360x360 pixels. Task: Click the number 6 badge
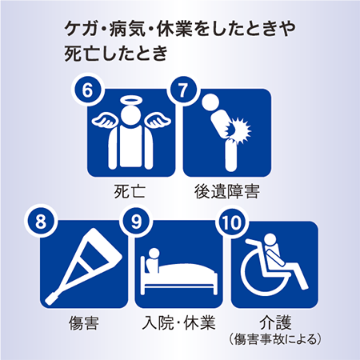(x=87, y=90)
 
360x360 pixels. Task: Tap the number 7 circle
(x=183, y=90)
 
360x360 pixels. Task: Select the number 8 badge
(x=41, y=222)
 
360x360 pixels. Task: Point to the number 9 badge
(x=136, y=222)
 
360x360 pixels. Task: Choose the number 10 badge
(x=231, y=222)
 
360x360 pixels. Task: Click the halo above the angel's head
(x=131, y=101)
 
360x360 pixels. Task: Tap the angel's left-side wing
(x=105, y=121)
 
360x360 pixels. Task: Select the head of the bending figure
(x=210, y=102)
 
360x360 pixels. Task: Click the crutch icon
(x=83, y=266)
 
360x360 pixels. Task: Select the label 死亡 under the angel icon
(x=130, y=191)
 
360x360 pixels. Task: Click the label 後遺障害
(x=227, y=191)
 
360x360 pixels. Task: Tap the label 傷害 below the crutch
(x=84, y=323)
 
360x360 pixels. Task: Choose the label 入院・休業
(x=179, y=322)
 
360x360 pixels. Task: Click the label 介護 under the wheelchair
(x=275, y=322)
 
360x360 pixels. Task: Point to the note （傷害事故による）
(x=275, y=338)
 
